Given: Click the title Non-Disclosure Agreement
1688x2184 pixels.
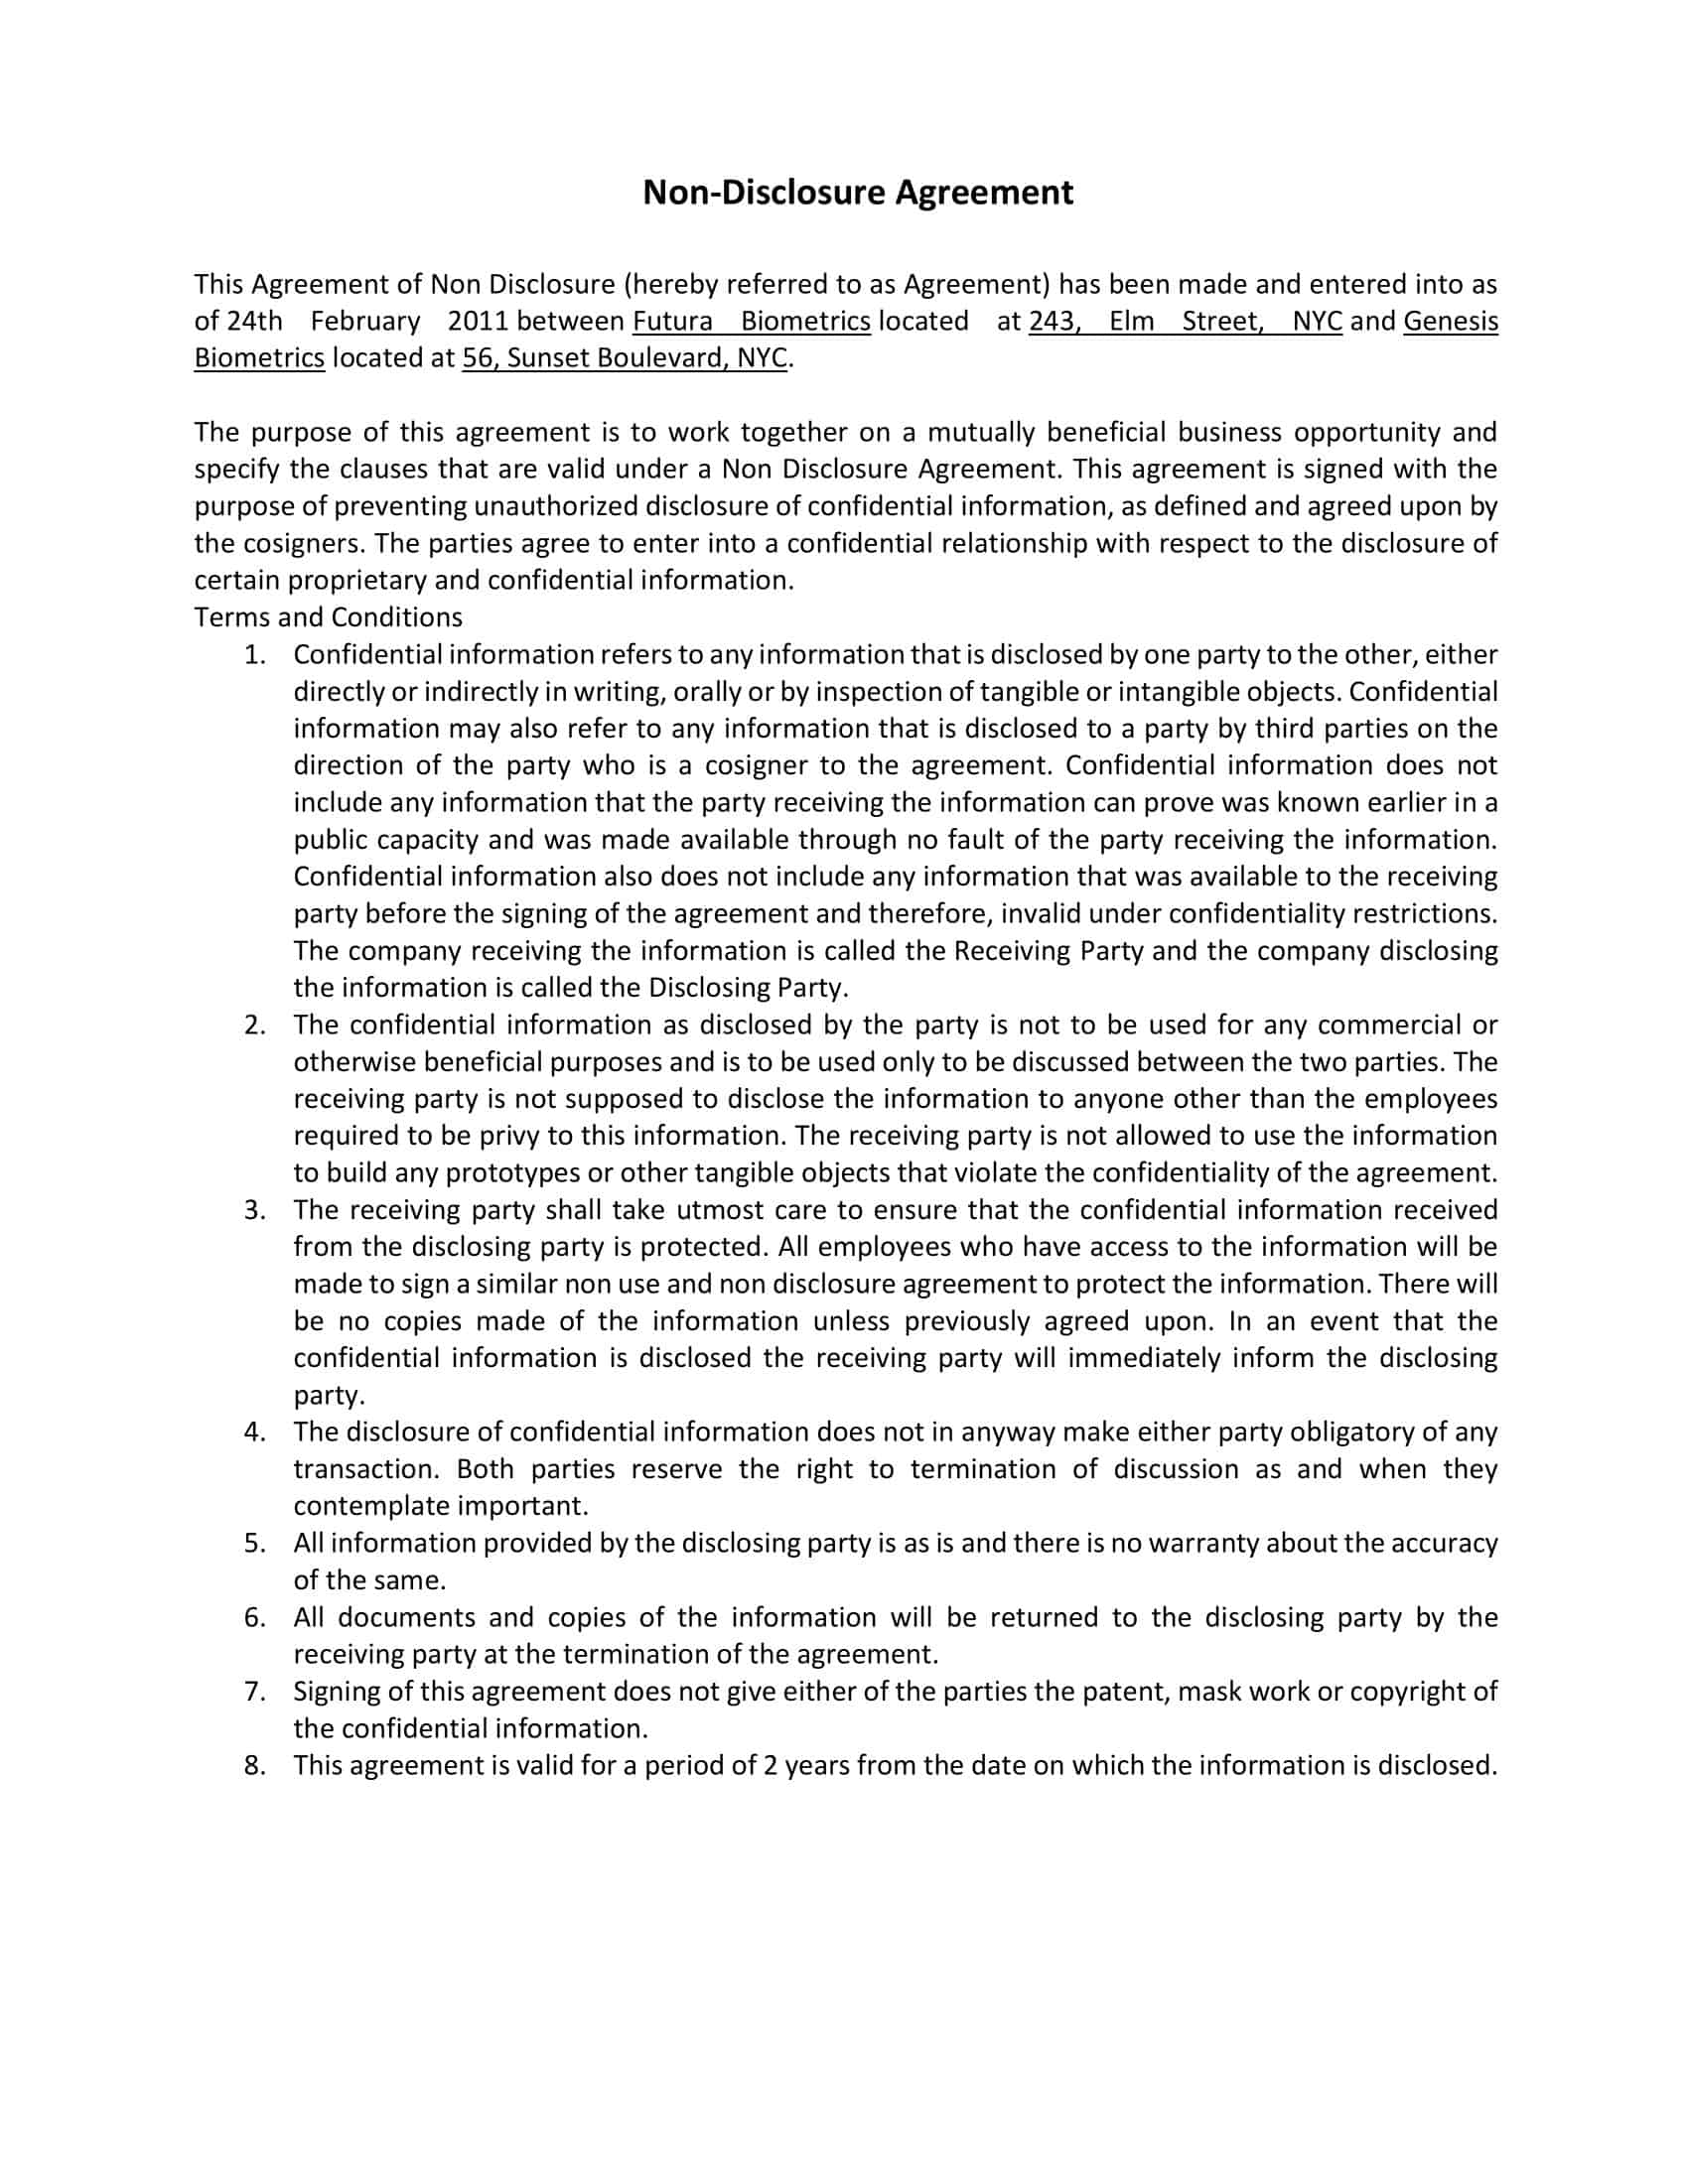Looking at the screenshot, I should [x=857, y=192].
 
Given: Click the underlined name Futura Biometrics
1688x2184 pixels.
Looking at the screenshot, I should [x=751, y=321].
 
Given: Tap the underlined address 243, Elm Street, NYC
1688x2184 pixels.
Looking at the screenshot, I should [x=1184, y=321].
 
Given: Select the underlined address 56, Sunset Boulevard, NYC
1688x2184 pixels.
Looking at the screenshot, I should [x=624, y=358].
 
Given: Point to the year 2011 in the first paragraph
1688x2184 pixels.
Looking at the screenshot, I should [x=478, y=321].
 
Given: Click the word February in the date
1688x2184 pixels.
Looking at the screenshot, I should [x=365, y=321].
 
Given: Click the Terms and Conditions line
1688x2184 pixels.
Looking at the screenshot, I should [x=328, y=617].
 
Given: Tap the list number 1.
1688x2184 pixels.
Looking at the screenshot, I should [x=255, y=655].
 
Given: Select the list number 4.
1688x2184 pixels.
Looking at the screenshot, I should [x=255, y=1432].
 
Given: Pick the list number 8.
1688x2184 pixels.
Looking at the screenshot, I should [x=255, y=1765].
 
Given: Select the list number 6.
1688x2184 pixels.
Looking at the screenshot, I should [x=255, y=1617].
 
